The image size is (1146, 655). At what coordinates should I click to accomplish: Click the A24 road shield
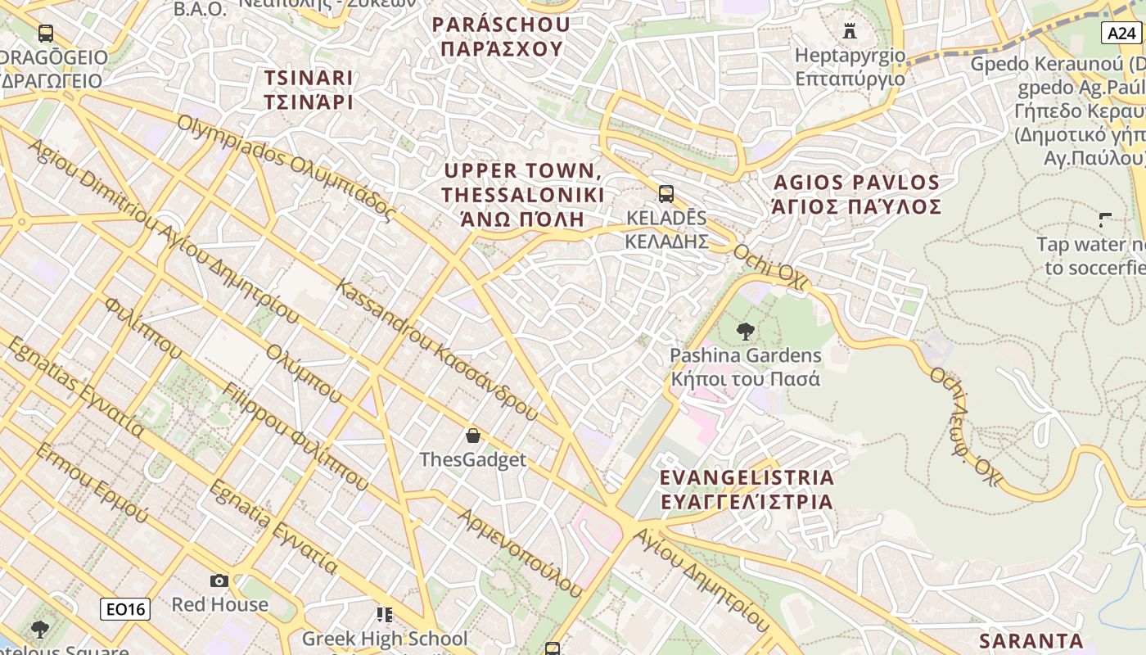pyautogui.click(x=1121, y=33)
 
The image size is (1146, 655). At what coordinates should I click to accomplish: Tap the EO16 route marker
pyautogui.click(x=125, y=609)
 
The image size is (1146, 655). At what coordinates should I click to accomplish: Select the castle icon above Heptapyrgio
pyautogui.click(x=850, y=31)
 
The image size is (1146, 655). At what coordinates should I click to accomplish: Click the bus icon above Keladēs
pyautogui.click(x=666, y=194)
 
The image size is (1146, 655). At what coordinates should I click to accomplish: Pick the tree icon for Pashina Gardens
pyautogui.click(x=745, y=332)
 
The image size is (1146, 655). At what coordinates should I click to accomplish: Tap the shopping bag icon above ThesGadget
pyautogui.click(x=472, y=436)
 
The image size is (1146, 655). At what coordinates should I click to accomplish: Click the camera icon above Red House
pyautogui.click(x=219, y=580)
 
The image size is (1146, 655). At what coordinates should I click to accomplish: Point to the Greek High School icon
pyautogui.click(x=384, y=614)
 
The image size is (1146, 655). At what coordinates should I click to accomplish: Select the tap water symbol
pyautogui.click(x=1105, y=219)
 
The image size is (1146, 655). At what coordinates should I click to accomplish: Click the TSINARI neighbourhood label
pyautogui.click(x=309, y=90)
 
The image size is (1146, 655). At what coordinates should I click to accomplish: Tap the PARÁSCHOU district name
pyautogui.click(x=502, y=37)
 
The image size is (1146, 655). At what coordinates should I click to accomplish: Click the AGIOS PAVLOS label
pyautogui.click(x=856, y=194)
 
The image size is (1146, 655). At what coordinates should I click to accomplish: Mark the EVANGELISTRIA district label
pyautogui.click(x=747, y=489)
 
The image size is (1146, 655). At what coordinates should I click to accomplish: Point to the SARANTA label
pyautogui.click(x=1031, y=640)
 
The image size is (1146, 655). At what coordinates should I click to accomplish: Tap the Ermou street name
pyautogui.click(x=92, y=483)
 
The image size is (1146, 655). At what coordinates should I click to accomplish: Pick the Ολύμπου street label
pyautogui.click(x=303, y=373)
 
